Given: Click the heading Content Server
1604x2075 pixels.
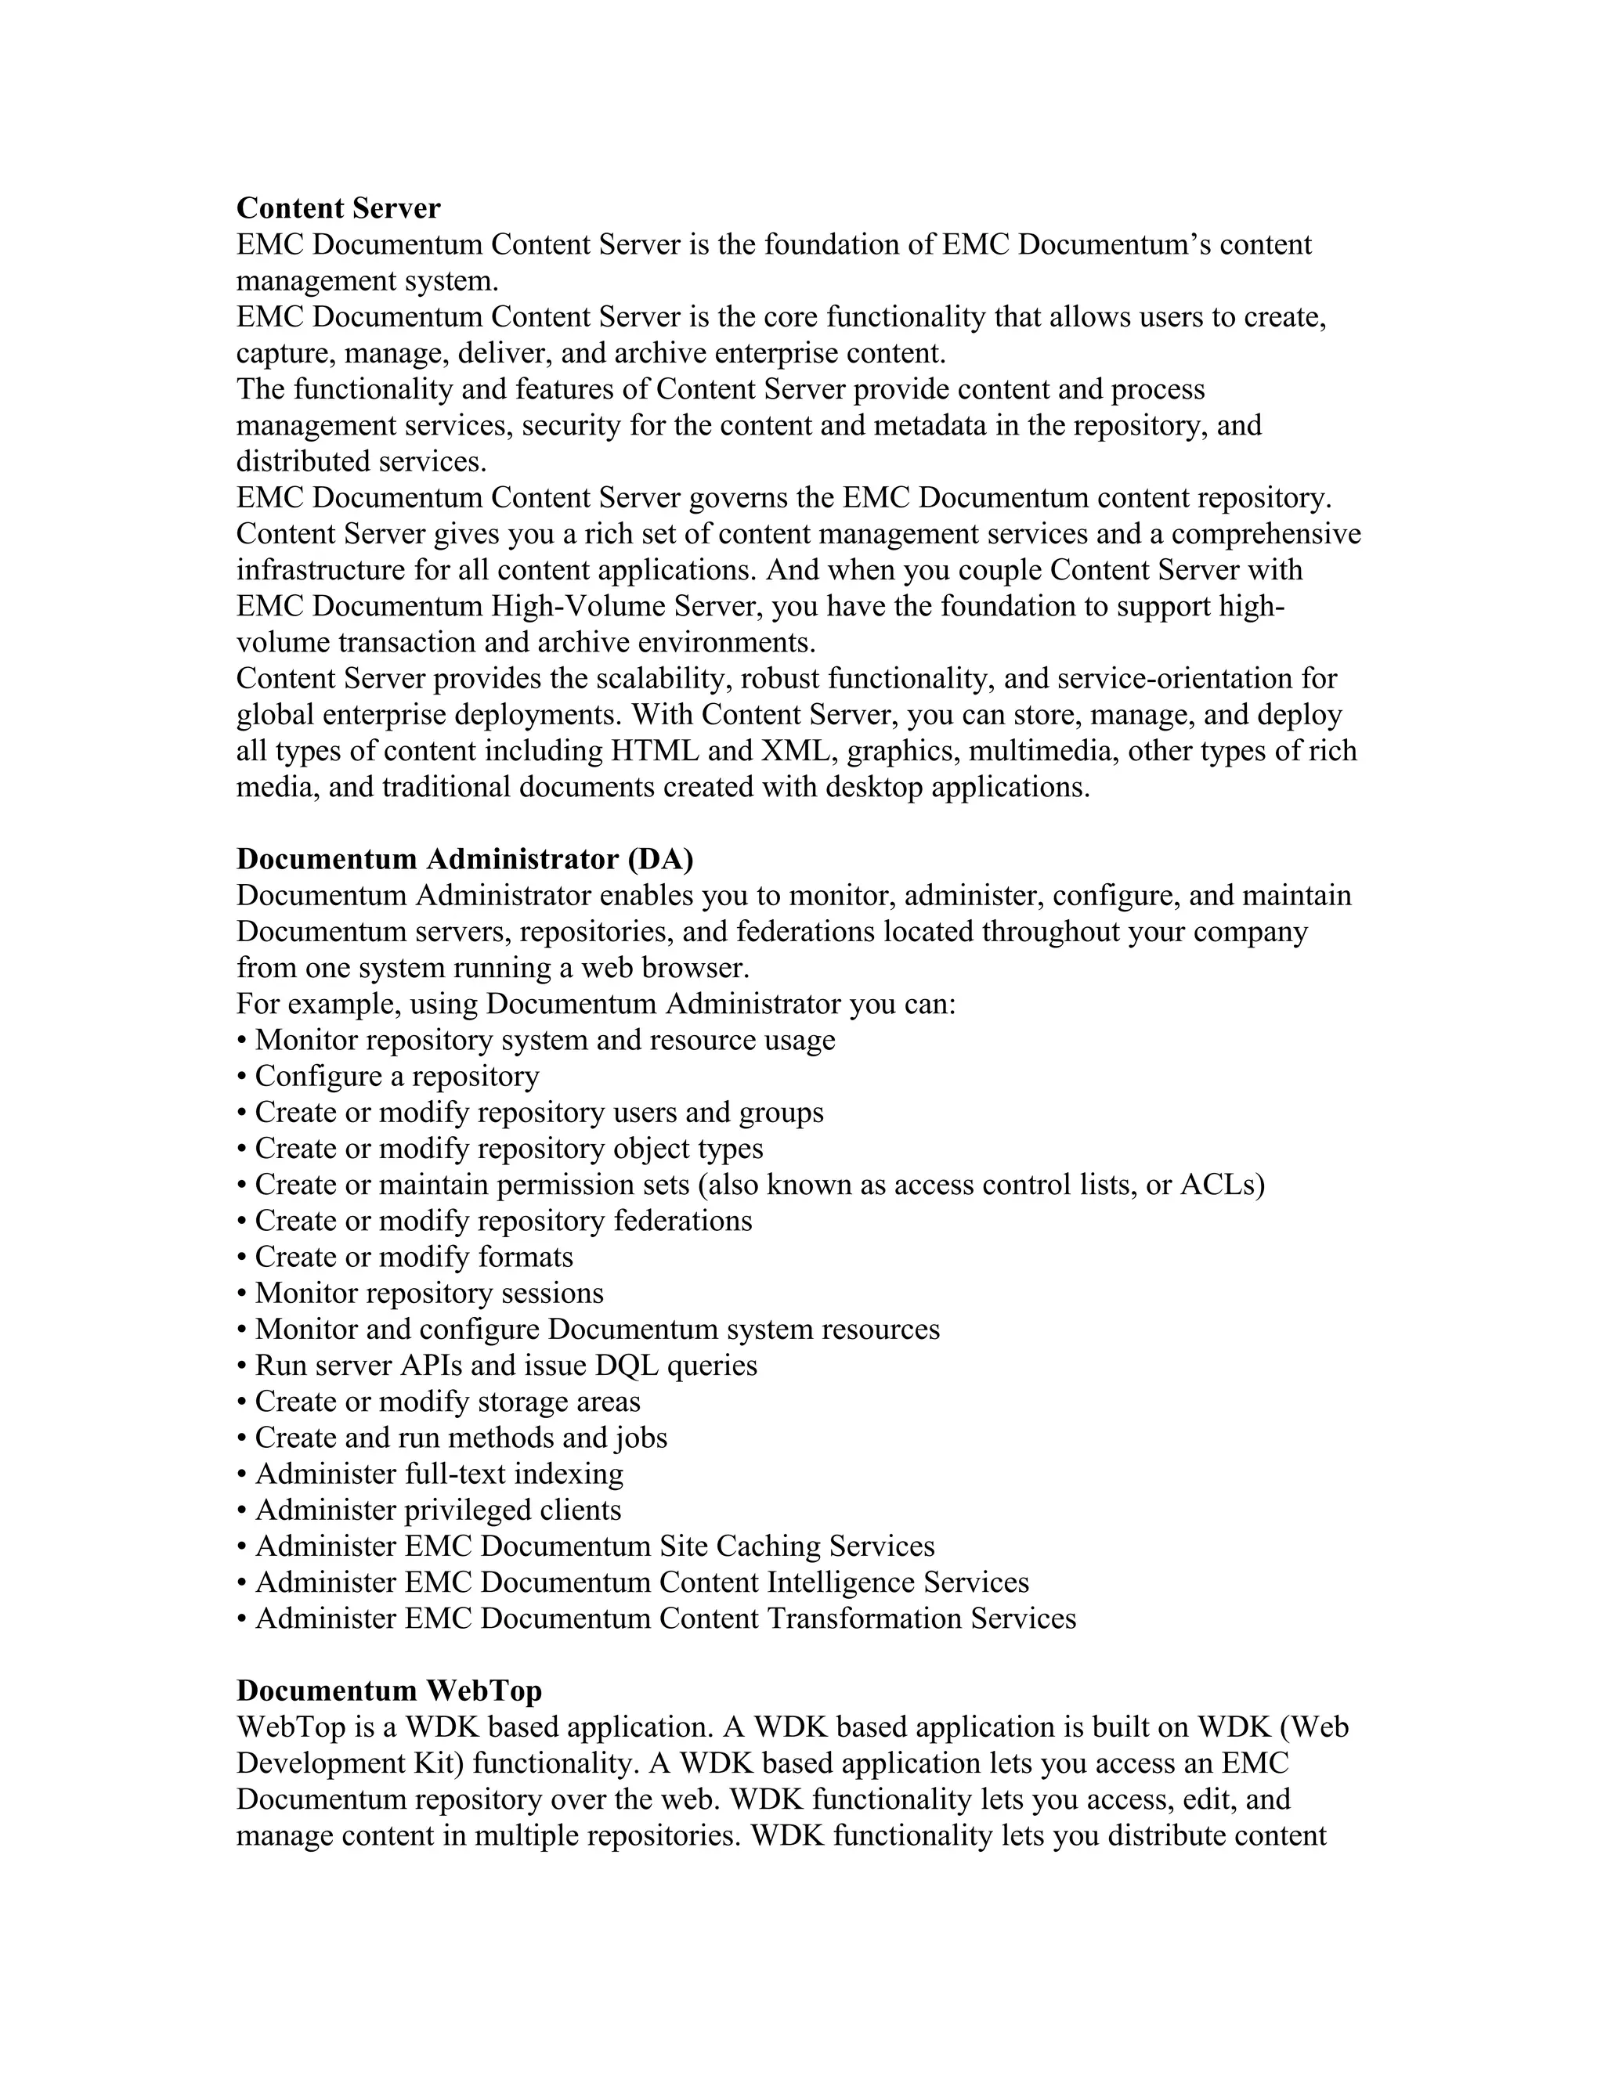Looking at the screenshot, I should click(338, 208).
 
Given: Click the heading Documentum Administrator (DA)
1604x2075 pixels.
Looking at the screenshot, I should click(464, 859).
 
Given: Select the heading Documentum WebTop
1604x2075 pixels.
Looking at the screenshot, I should click(388, 1691).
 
